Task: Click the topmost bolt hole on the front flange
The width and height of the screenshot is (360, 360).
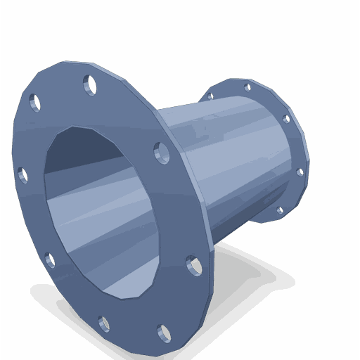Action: pyautogui.click(x=89, y=85)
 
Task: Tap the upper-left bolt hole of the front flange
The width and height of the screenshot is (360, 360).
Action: pyautogui.click(x=34, y=103)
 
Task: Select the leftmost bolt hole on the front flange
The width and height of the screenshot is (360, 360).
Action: pyautogui.click(x=22, y=174)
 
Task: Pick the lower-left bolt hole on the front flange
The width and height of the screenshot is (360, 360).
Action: pyautogui.click(x=50, y=261)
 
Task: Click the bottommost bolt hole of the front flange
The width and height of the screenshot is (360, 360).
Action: pyautogui.click(x=165, y=333)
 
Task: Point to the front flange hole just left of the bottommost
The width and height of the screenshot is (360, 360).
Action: pyautogui.click(x=104, y=324)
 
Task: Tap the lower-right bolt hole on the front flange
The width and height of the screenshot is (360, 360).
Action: pyautogui.click(x=194, y=265)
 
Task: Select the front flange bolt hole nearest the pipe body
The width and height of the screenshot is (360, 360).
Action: pyautogui.click(x=162, y=152)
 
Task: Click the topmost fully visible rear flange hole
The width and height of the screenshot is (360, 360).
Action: pyautogui.click(x=247, y=88)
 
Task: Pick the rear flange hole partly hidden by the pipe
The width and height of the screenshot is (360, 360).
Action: pyautogui.click(x=210, y=96)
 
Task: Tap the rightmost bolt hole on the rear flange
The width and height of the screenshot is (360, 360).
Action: pyautogui.click(x=300, y=172)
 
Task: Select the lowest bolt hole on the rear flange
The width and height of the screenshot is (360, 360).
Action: pyautogui.click(x=280, y=210)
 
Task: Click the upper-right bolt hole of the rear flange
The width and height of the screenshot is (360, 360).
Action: pyautogui.click(x=286, y=119)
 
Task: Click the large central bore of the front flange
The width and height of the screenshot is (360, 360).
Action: pyautogui.click(x=98, y=211)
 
